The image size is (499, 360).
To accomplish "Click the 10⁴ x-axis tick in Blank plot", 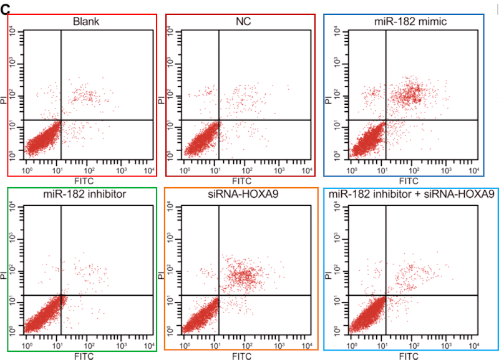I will pyautogui.click(x=149, y=169).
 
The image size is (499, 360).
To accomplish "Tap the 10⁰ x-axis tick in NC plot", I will pyautogui.click(x=185, y=169).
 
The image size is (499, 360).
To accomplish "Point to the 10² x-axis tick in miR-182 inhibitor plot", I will pyautogui.click(x=89, y=345).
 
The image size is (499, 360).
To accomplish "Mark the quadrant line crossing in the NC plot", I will pyautogui.click(x=219, y=120).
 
